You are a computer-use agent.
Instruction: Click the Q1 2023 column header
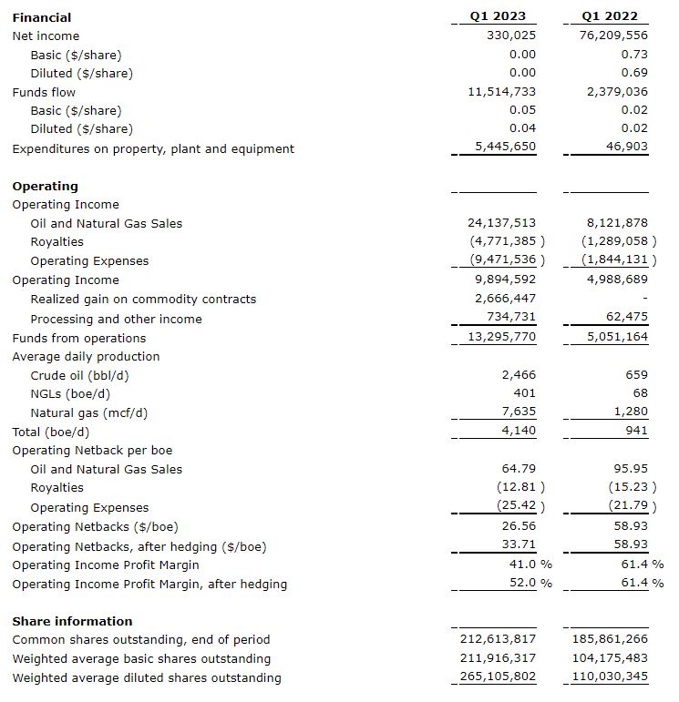coord(498,16)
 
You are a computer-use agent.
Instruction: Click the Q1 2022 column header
coord(609,16)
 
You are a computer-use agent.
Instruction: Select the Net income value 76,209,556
coord(613,36)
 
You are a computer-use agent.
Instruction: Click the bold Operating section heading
coord(46,186)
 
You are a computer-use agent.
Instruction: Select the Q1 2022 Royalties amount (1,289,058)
coord(615,241)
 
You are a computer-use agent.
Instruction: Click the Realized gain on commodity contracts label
coord(143,299)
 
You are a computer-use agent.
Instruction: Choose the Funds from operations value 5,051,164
coord(618,338)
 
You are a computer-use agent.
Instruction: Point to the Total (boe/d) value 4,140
coord(519,432)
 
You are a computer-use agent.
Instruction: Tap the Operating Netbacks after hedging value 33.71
coord(519,546)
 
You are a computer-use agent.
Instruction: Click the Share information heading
coord(72,621)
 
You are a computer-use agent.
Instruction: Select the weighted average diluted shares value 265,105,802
coord(498,677)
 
